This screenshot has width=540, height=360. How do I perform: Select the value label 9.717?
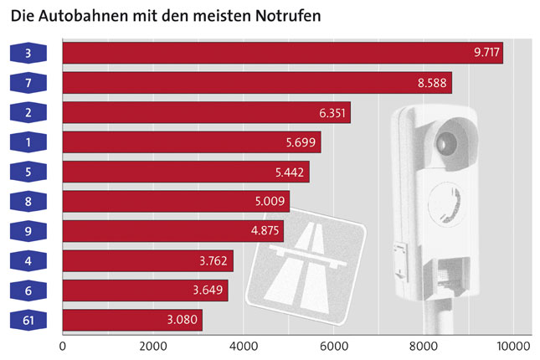tap(486, 53)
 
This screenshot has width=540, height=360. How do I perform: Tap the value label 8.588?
tap(435, 83)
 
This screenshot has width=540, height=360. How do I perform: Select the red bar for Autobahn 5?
tap(185, 172)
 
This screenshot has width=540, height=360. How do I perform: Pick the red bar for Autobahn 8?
tap(176, 202)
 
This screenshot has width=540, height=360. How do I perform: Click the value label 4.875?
tap(266, 231)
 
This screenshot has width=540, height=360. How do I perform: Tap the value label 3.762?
tap(216, 261)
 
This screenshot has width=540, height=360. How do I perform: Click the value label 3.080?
tap(185, 321)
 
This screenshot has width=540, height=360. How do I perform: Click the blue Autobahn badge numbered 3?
tap(28, 53)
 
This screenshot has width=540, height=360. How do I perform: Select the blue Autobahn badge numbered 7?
tap(28, 83)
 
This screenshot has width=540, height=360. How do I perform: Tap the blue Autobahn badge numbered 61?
tap(28, 321)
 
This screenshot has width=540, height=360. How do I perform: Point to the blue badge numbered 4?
tap(28, 261)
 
